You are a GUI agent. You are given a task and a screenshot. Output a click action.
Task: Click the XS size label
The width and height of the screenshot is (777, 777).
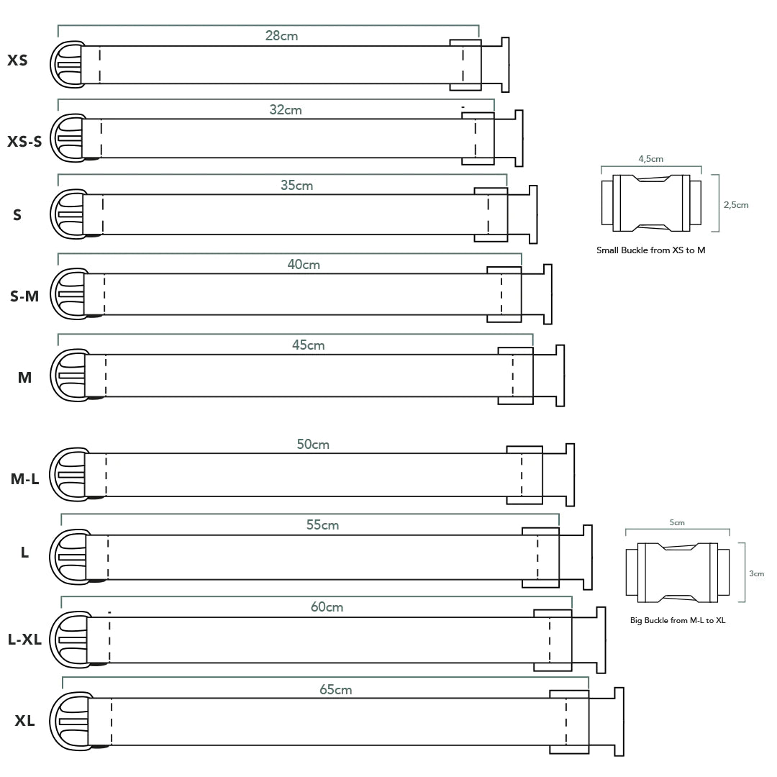[17, 60]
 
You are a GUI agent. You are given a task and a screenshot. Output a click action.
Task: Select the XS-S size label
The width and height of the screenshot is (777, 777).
[24, 141]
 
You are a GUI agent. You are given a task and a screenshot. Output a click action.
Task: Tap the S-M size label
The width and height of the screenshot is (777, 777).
[24, 295]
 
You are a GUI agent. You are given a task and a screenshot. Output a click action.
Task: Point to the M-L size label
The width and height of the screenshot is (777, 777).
[24, 478]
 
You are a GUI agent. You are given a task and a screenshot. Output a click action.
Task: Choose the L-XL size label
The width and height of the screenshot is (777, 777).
[24, 639]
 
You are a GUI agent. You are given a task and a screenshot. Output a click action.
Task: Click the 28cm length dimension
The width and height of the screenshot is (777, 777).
[281, 35]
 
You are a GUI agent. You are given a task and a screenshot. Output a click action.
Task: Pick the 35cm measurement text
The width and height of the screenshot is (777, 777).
[296, 185]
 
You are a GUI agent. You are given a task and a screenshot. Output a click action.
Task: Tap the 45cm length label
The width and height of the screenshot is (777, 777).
[308, 345]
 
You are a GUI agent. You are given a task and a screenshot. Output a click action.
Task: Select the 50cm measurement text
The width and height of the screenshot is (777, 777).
[313, 444]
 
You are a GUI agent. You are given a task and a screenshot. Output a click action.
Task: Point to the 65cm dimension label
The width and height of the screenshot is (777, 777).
[335, 689]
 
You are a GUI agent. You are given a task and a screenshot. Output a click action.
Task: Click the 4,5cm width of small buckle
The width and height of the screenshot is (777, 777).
[650, 159]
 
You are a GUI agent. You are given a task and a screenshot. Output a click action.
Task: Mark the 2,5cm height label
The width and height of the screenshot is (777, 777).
[736, 205]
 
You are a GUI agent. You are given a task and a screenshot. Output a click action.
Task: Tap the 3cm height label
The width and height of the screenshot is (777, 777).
[756, 573]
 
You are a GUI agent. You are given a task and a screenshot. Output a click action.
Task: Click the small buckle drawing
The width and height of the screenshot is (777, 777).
[651, 204]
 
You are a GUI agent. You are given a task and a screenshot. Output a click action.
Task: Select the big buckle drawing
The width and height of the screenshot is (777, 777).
[677, 572]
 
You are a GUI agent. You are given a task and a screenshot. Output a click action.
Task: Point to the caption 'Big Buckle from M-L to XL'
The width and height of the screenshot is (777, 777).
[677, 620]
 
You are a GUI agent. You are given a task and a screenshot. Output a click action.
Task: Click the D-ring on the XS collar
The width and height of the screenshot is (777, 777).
[65, 65]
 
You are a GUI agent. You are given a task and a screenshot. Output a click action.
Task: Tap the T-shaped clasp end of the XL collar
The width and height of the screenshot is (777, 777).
[617, 722]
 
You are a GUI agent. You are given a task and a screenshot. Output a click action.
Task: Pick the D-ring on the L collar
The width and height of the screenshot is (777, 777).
[68, 557]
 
